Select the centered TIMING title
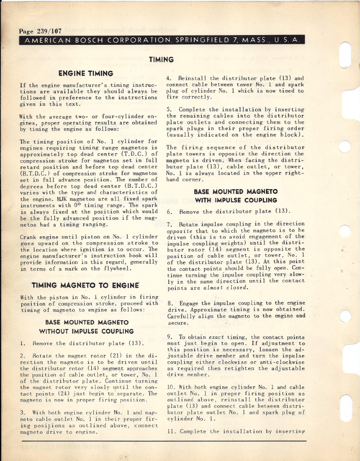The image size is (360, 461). coord(161,60)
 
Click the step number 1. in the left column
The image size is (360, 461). coord(24,344)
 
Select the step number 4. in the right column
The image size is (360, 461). coord(169,78)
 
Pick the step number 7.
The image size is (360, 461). coord(169,224)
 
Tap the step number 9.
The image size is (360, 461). coord(169,337)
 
